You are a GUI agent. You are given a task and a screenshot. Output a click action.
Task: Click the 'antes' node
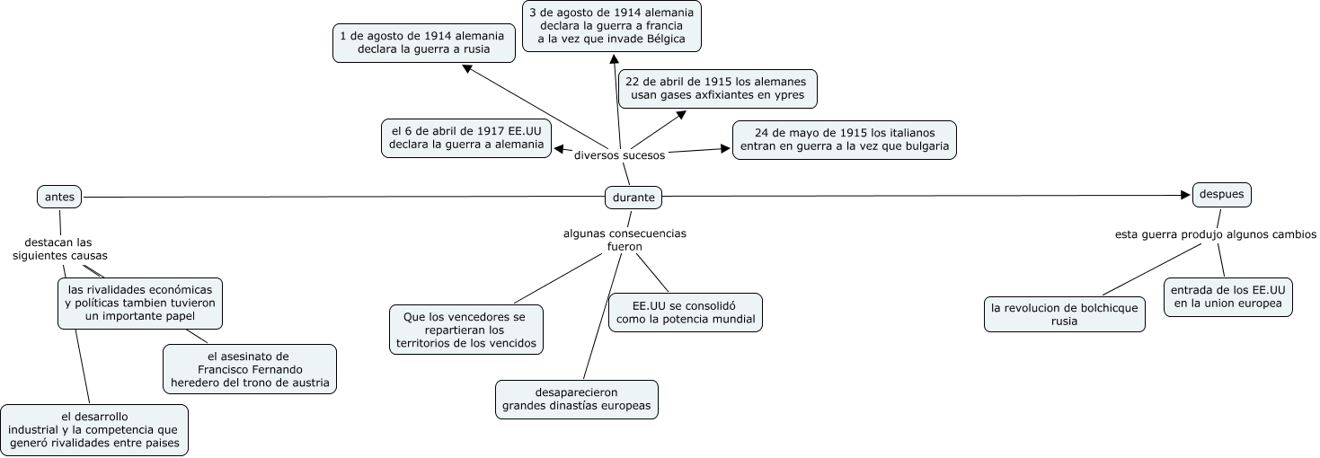(59, 196)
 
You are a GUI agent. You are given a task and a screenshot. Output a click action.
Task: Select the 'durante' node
(633, 197)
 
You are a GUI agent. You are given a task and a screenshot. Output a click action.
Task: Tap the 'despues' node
(1221, 194)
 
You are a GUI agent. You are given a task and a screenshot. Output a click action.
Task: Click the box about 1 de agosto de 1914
(424, 42)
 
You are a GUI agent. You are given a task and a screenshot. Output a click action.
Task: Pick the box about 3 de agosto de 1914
(611, 26)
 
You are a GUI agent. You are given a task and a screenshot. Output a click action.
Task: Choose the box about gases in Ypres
(716, 88)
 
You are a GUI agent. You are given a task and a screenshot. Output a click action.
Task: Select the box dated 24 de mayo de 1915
(844, 140)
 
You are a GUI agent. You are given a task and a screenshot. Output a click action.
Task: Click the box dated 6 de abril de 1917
(465, 137)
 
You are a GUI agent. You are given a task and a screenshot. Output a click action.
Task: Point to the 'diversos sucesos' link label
(619, 154)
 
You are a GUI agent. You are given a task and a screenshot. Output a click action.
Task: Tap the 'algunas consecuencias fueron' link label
(625, 239)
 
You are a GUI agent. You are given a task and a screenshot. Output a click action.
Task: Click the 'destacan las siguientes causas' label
(58, 249)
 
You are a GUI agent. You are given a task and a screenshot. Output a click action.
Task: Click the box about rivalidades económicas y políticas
(139, 303)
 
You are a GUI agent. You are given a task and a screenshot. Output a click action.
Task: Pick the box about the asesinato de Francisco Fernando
(250, 369)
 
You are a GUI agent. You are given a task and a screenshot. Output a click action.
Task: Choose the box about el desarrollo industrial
(94, 429)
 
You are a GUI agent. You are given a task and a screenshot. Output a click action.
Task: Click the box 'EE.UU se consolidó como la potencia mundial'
(685, 312)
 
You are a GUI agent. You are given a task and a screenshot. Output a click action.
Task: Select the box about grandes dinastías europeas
(576, 400)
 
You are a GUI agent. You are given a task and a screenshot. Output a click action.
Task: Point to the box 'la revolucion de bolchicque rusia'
(1064, 314)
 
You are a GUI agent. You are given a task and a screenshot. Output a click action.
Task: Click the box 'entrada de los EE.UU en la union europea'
(1228, 296)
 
